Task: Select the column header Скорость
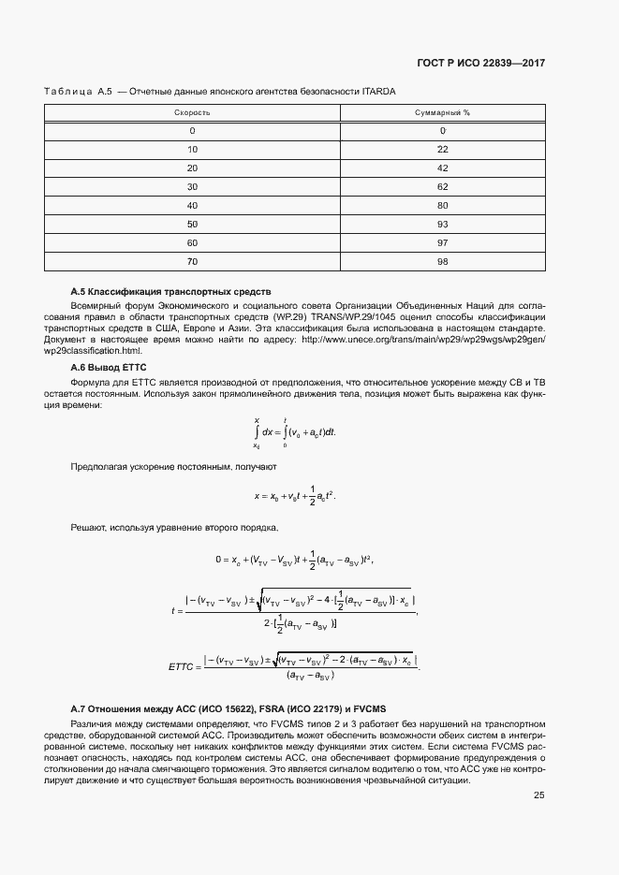point(192,112)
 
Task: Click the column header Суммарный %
point(442,112)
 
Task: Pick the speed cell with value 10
point(192,150)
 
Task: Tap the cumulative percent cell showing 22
point(442,150)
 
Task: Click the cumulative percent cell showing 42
point(442,168)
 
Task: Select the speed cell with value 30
point(192,187)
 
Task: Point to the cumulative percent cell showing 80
point(442,206)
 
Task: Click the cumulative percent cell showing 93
point(442,225)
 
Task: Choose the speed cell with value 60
point(192,243)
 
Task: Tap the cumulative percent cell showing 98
point(442,262)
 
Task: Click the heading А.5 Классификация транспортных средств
point(170,293)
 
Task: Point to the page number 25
point(539,769)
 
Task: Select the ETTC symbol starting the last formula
point(180,667)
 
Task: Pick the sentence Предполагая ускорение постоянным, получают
point(174,465)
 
